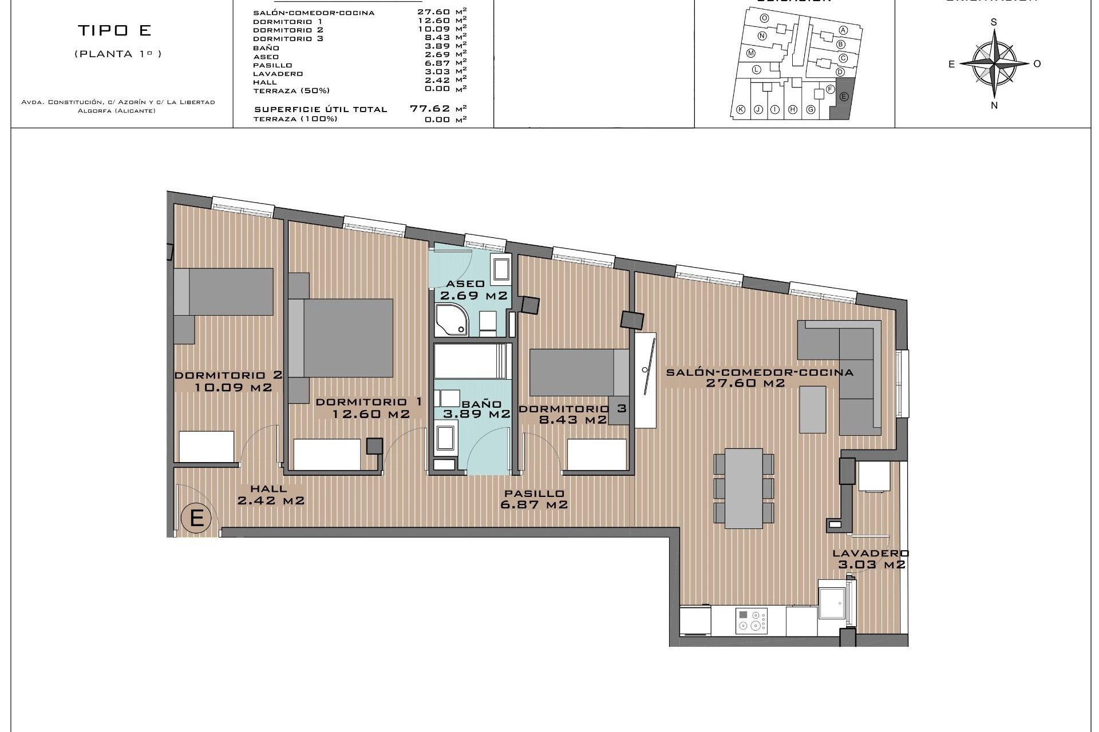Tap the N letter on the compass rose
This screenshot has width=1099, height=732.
[994, 105]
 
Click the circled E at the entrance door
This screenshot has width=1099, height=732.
[196, 518]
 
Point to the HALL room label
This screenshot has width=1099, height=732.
[268, 489]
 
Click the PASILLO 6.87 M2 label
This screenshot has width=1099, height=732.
[534, 499]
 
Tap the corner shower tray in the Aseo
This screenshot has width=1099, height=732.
[450, 321]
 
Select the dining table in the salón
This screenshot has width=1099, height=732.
[744, 488]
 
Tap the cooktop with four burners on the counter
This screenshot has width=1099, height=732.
[751, 620]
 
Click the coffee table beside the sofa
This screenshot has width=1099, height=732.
[813, 409]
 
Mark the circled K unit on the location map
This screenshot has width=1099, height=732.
[740, 110]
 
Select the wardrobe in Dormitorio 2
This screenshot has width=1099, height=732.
[207, 446]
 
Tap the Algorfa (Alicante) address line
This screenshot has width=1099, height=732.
[117, 111]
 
